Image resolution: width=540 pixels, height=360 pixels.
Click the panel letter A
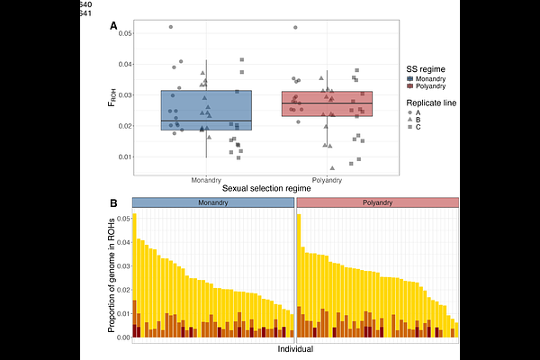coord(113,26)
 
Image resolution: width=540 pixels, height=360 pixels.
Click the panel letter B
coord(113,204)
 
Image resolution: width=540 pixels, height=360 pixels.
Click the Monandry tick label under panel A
coord(206,179)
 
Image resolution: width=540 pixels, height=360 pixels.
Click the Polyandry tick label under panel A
coord(327,179)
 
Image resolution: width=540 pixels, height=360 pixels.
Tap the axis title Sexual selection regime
coord(266,187)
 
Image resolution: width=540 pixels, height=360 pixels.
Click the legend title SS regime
coord(427,68)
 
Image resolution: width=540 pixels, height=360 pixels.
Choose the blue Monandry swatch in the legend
coord(411,79)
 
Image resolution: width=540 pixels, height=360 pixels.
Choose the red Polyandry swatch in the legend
coord(411,87)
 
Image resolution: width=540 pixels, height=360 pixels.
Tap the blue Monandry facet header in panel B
coord(213,203)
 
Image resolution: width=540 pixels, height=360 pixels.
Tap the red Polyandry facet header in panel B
coord(378,203)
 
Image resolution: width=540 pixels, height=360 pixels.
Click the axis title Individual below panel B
coord(295,348)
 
